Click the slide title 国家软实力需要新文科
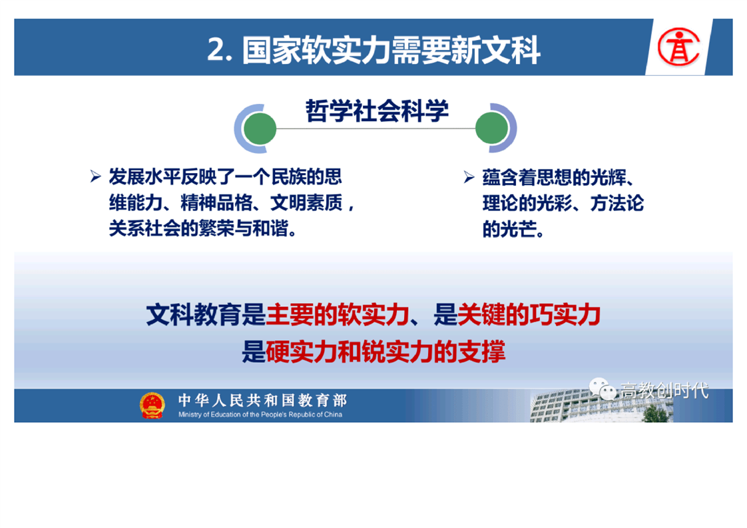coord(391,49)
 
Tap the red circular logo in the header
coord(678,47)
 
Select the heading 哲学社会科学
coord(377,111)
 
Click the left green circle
coord(259,129)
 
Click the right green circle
coord(492,129)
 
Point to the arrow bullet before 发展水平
coord(95,177)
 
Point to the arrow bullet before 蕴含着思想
coord(469,177)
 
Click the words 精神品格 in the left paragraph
coord(216,203)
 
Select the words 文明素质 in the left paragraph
coord(306,203)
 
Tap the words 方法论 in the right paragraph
coord(617,204)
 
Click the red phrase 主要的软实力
coord(338,315)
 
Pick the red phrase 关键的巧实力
coord(529,315)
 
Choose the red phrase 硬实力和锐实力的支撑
coord(385,352)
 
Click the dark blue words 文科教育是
coord(206,315)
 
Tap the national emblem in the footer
coord(152,405)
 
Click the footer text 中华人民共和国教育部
coord(262,400)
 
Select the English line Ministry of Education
coord(260,415)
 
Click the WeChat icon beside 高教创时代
coord(603,389)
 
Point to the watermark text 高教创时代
coord(664,390)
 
